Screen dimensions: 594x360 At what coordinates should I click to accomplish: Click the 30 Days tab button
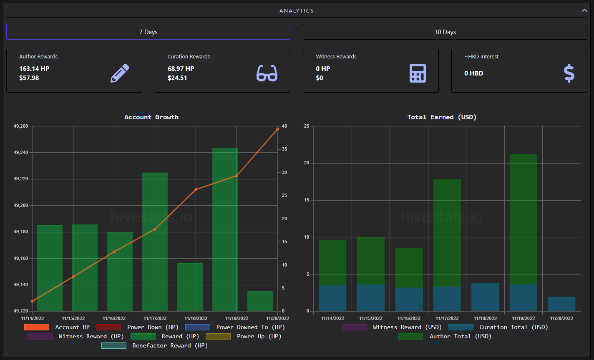pyautogui.click(x=445, y=32)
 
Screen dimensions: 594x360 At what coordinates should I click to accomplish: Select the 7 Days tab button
pyautogui.click(x=148, y=32)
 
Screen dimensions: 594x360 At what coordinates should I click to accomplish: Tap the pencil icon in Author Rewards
pyautogui.click(x=120, y=73)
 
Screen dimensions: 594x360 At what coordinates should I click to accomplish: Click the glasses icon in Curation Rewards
pyautogui.click(x=267, y=73)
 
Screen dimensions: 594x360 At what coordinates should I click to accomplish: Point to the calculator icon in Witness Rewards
pyautogui.click(x=418, y=73)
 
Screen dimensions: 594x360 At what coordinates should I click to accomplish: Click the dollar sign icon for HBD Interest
pyautogui.click(x=569, y=73)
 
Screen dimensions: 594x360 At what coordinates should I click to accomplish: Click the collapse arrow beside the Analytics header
pyautogui.click(x=584, y=10)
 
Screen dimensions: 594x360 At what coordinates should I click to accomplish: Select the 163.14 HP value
pyautogui.click(x=34, y=69)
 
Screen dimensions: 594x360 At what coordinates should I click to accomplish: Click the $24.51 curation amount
pyautogui.click(x=177, y=78)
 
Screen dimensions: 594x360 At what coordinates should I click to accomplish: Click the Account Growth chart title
pyautogui.click(x=151, y=117)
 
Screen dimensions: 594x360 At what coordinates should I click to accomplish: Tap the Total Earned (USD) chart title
pyautogui.click(x=442, y=117)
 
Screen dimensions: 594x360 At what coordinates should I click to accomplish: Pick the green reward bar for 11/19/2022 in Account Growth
pyautogui.click(x=225, y=229)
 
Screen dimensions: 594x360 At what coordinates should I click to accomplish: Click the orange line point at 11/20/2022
pyautogui.click(x=277, y=129)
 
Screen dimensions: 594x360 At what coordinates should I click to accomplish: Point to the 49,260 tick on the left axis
pyautogui.click(x=21, y=126)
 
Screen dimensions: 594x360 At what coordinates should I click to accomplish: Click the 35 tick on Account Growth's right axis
pyautogui.click(x=284, y=149)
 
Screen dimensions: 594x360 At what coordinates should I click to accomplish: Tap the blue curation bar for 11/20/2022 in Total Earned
pyautogui.click(x=561, y=304)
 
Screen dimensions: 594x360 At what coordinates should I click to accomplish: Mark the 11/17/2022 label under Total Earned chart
pyautogui.click(x=447, y=318)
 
